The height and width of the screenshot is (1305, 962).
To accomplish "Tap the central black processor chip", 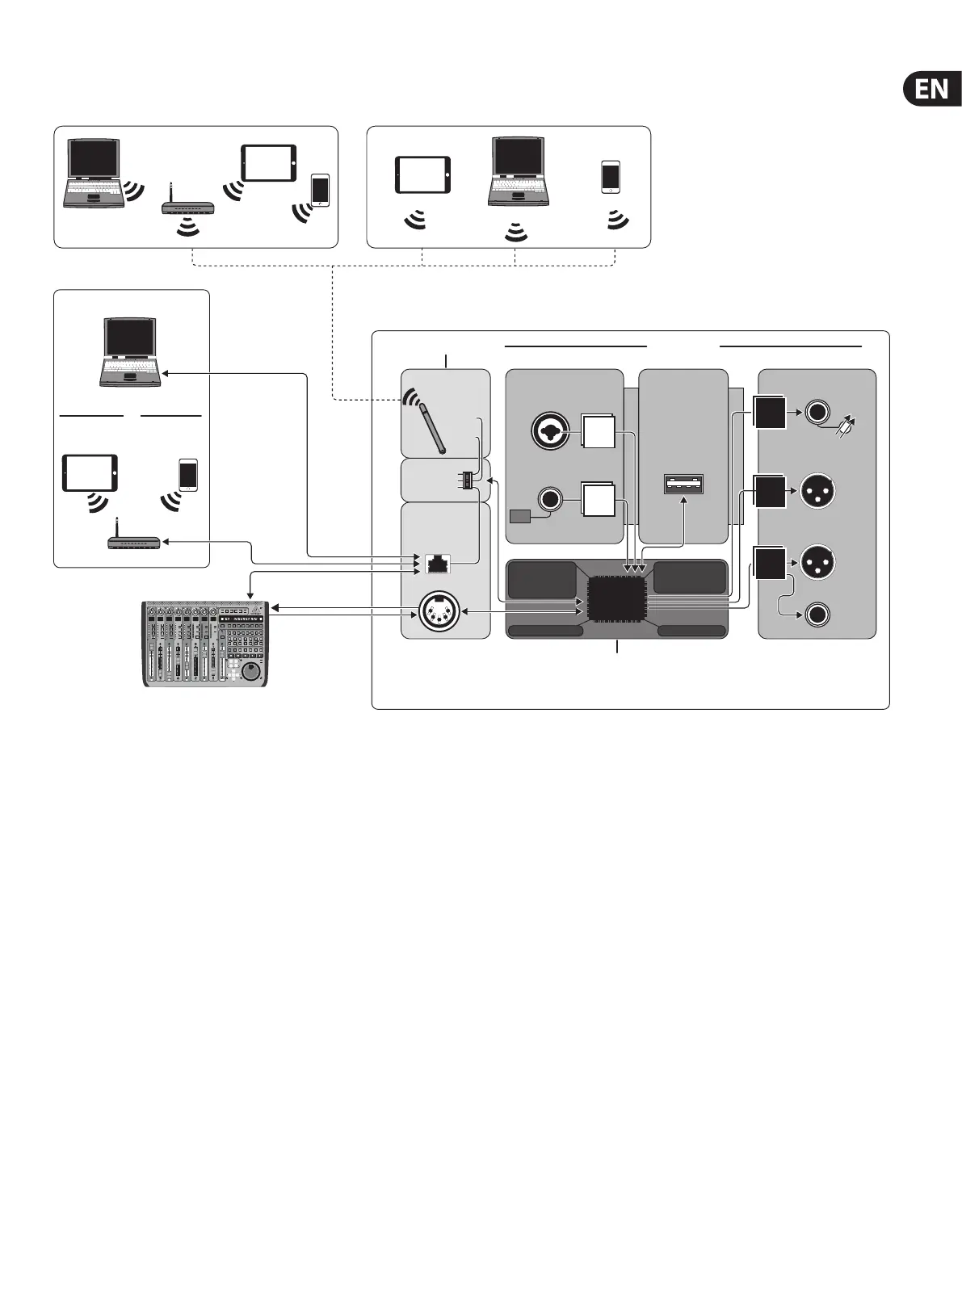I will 618,598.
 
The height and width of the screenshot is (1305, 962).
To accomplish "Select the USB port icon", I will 684,484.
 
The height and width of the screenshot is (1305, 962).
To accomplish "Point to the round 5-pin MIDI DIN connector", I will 436,612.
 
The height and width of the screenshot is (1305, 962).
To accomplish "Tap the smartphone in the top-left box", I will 321,191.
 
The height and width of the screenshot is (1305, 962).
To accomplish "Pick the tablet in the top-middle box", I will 422,175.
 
